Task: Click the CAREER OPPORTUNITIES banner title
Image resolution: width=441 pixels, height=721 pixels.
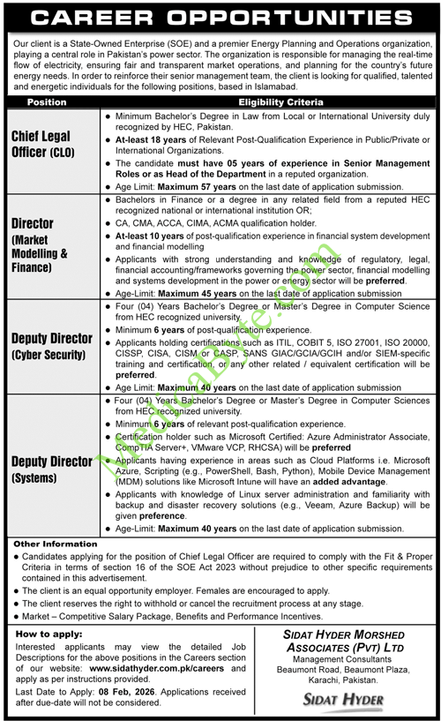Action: tap(220, 18)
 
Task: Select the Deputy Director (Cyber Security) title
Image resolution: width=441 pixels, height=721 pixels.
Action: tap(51, 345)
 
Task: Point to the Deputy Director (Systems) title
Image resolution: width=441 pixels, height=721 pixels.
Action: tap(51, 469)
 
